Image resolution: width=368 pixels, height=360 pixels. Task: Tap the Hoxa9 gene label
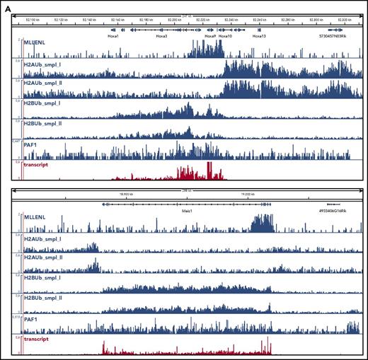pyautogui.click(x=209, y=35)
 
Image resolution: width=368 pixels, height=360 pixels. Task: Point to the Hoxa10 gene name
pyautogui.click(x=226, y=35)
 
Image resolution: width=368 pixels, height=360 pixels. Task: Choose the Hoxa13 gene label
pyautogui.click(x=259, y=35)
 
